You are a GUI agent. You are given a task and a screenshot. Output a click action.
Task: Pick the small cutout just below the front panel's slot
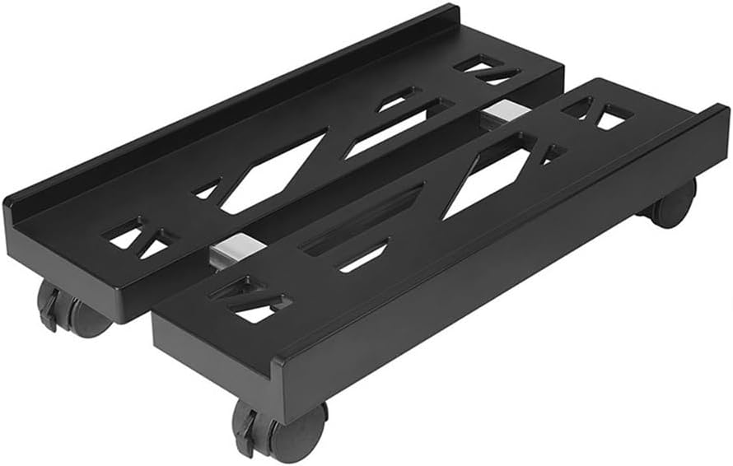point(362,256)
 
